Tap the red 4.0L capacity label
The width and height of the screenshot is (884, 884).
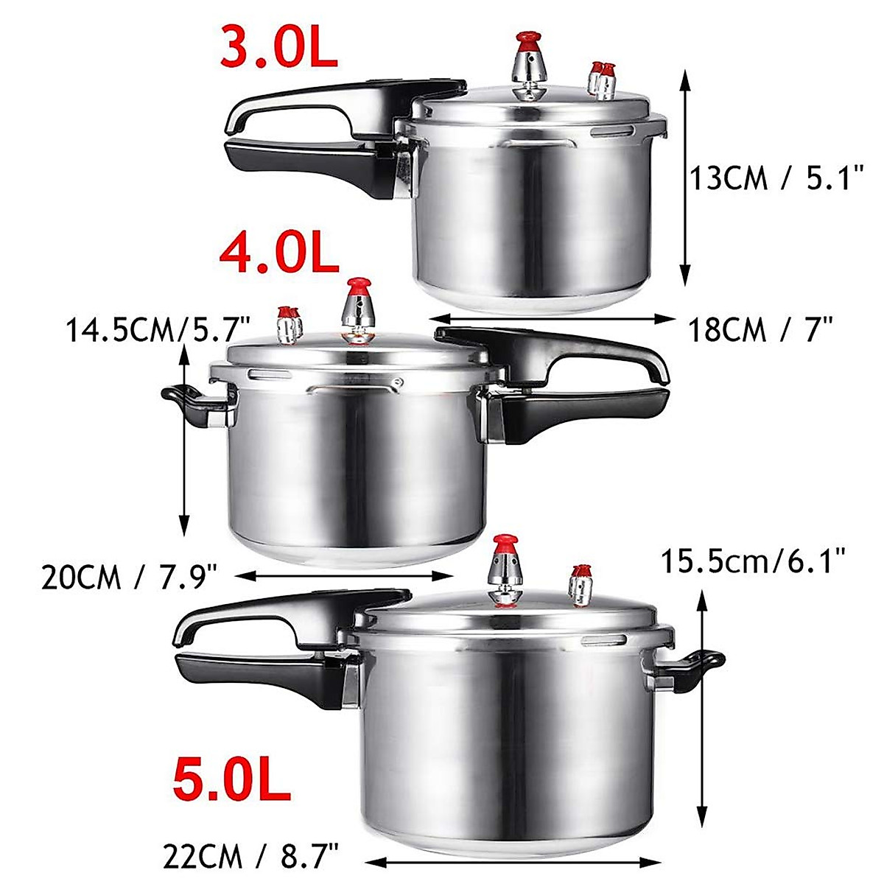pyautogui.click(x=279, y=252)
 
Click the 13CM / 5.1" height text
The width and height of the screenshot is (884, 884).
pyautogui.click(x=776, y=179)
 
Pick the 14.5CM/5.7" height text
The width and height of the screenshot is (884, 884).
pyautogui.click(x=159, y=329)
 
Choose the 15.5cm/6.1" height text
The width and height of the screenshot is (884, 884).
pyautogui.click(x=751, y=564)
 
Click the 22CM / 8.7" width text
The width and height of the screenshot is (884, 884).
pyautogui.click(x=250, y=857)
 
